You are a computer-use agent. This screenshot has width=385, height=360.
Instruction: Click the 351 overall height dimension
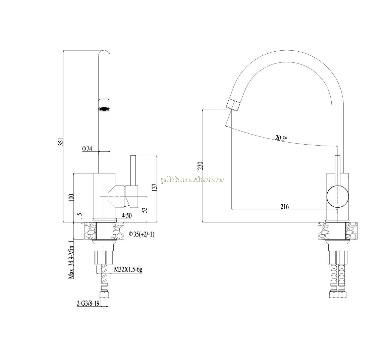tap(62, 142)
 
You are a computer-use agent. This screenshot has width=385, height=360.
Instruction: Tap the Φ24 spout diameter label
tap(87, 149)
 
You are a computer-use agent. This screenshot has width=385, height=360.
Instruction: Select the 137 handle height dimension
tap(154, 188)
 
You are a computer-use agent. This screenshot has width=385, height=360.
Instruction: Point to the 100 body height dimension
tap(71, 197)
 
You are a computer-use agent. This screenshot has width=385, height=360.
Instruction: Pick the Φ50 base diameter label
tap(127, 216)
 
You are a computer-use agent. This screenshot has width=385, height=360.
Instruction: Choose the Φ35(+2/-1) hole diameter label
tap(142, 235)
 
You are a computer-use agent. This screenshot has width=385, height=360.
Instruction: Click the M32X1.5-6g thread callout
tap(128, 270)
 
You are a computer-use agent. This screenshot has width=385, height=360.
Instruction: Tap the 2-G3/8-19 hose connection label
tap(88, 304)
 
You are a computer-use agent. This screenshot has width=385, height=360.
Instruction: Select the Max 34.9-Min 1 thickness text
tap(71, 259)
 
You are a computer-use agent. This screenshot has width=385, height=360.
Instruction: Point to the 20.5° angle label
tap(281, 138)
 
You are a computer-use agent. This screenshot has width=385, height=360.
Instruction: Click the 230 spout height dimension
tap(201, 166)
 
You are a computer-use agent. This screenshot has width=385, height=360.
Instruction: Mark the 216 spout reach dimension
tap(285, 207)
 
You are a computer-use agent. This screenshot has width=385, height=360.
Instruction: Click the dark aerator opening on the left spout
tap(104, 109)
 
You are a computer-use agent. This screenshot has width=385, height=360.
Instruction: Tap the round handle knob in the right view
tap(338, 197)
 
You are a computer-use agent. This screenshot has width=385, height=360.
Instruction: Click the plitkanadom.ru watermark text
tap(192, 180)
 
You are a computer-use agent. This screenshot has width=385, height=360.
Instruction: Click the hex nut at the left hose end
tap(104, 295)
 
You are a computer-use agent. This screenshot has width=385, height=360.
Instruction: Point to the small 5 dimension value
tap(78, 214)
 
